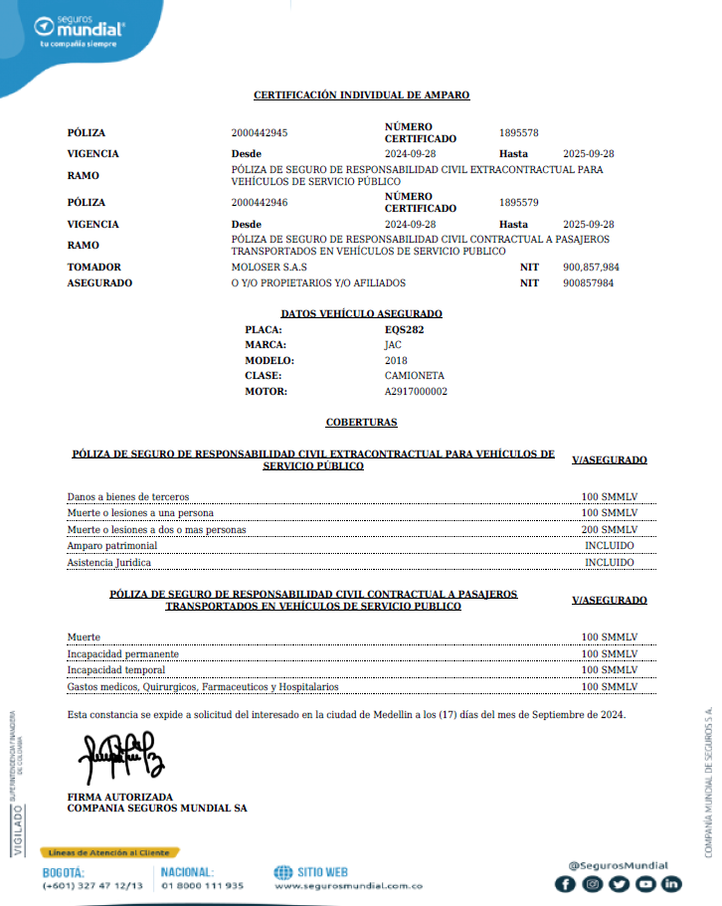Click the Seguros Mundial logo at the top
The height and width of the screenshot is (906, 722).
pyautogui.click(x=81, y=31)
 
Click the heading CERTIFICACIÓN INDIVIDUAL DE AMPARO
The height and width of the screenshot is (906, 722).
pyautogui.click(x=361, y=95)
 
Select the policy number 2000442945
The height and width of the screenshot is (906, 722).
pyautogui.click(x=260, y=133)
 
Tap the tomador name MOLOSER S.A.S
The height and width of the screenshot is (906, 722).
pyautogui.click(x=269, y=268)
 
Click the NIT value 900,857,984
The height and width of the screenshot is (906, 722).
pyautogui.click(x=591, y=268)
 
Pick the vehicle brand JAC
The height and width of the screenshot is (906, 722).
pyautogui.click(x=393, y=345)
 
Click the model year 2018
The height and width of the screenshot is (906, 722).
pyautogui.click(x=396, y=361)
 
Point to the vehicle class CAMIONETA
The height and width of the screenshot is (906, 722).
pyautogui.click(x=414, y=376)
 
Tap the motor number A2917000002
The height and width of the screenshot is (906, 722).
pyautogui.click(x=416, y=392)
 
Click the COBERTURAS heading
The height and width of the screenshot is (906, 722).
pyautogui.click(x=361, y=423)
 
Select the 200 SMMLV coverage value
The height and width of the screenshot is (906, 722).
pyautogui.click(x=609, y=530)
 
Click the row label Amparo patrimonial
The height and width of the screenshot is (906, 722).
pyautogui.click(x=111, y=546)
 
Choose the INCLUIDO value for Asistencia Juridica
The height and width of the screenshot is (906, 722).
pyautogui.click(x=609, y=562)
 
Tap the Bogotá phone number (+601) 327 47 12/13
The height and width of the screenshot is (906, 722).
pyautogui.click(x=92, y=885)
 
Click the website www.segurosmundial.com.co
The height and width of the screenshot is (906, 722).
pyautogui.click(x=348, y=885)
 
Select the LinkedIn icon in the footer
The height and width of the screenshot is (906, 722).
pyautogui.click(x=672, y=883)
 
